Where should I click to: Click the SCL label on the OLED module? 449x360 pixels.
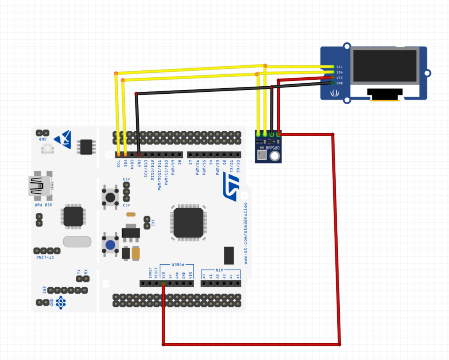tap(339, 67)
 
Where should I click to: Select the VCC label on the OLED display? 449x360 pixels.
tap(339, 78)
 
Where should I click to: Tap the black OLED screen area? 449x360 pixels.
tap(385, 65)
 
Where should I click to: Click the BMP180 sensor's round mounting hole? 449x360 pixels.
tap(275, 157)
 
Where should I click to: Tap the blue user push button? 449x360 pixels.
tap(110, 245)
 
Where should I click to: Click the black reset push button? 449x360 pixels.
tap(110, 196)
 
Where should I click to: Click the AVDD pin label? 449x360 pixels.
tap(132, 163)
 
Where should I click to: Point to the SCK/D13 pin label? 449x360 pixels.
tap(146, 168)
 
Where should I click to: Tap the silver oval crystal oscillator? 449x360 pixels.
tap(77, 242)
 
